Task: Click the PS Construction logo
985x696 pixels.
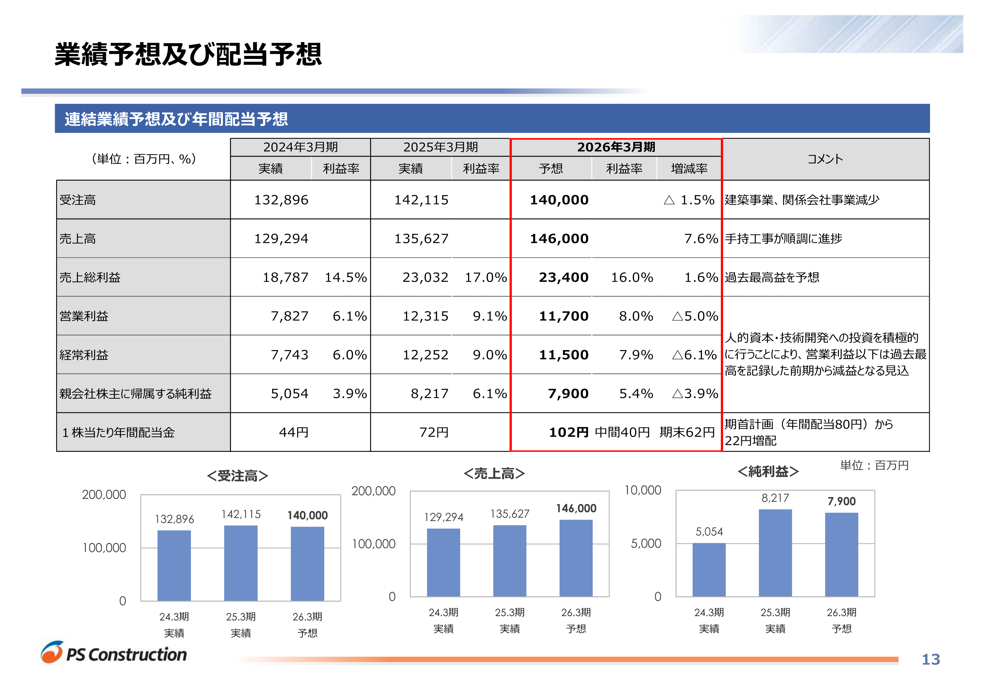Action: click(114, 653)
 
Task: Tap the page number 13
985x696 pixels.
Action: click(931, 659)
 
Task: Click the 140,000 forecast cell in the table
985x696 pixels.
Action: click(559, 200)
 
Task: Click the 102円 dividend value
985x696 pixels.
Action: click(568, 432)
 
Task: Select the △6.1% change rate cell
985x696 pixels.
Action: click(694, 355)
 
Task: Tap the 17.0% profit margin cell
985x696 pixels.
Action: click(486, 277)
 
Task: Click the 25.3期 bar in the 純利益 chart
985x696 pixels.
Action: click(775, 553)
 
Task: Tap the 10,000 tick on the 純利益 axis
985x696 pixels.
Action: click(643, 490)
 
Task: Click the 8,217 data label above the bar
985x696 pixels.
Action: click(775, 498)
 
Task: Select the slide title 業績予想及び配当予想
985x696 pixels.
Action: click(188, 54)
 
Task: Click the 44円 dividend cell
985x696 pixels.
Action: click(293, 432)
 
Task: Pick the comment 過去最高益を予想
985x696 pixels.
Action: click(772, 277)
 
